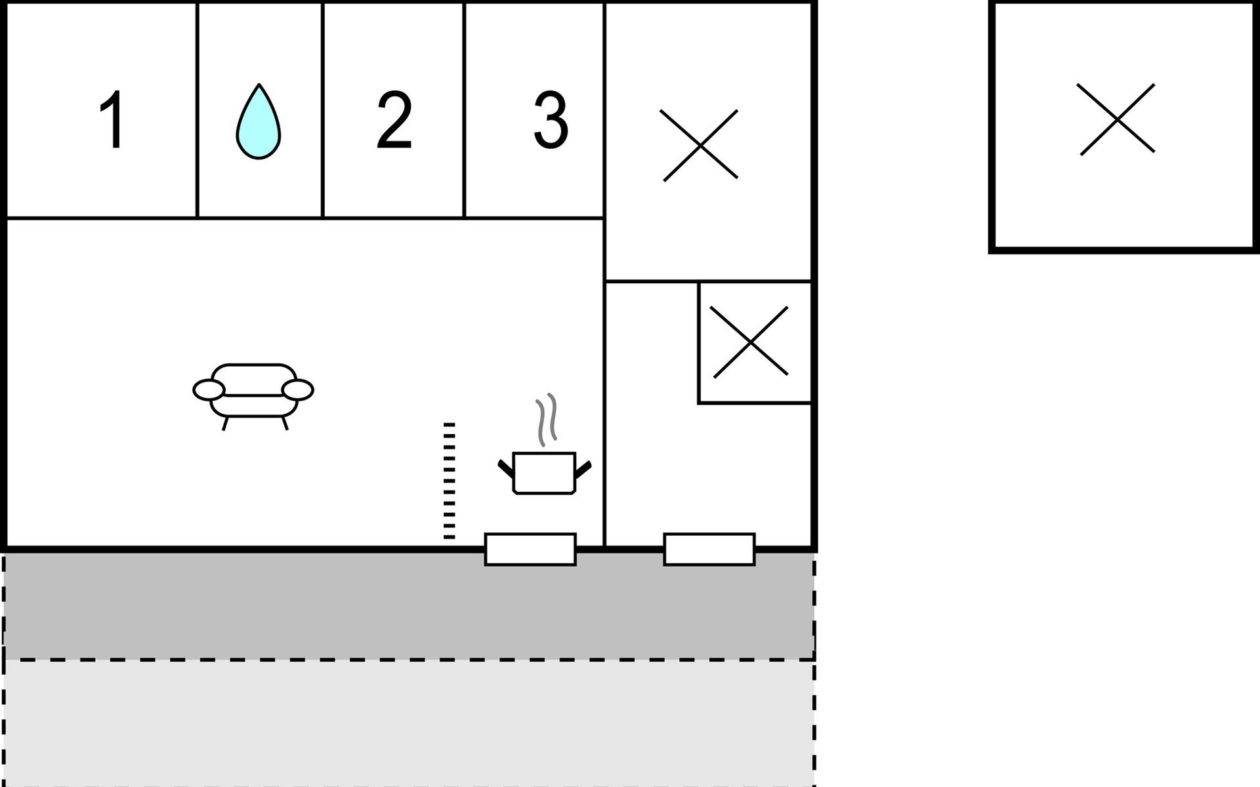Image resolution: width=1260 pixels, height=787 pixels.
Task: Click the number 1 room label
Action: click(x=113, y=119)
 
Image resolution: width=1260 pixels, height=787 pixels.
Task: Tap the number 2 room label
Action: click(x=394, y=119)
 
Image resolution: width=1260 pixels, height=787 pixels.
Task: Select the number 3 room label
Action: click(x=550, y=119)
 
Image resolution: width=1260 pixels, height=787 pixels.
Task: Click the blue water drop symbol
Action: click(x=259, y=123)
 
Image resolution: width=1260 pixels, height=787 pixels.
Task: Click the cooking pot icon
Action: click(x=544, y=472)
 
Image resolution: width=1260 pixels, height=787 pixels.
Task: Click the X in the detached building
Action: click(x=1116, y=119)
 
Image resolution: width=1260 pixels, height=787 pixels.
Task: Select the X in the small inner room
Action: click(x=749, y=342)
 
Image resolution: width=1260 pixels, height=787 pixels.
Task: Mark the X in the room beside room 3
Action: click(x=700, y=145)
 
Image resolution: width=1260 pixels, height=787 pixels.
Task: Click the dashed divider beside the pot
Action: click(x=449, y=481)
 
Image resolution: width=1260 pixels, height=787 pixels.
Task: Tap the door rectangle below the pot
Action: click(x=530, y=550)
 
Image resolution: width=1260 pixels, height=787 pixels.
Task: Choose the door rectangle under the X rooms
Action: click(x=709, y=550)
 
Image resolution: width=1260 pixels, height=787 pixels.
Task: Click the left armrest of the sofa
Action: click(x=209, y=390)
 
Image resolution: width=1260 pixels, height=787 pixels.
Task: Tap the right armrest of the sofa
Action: click(x=298, y=390)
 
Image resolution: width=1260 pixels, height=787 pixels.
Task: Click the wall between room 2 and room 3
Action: click(x=464, y=110)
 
